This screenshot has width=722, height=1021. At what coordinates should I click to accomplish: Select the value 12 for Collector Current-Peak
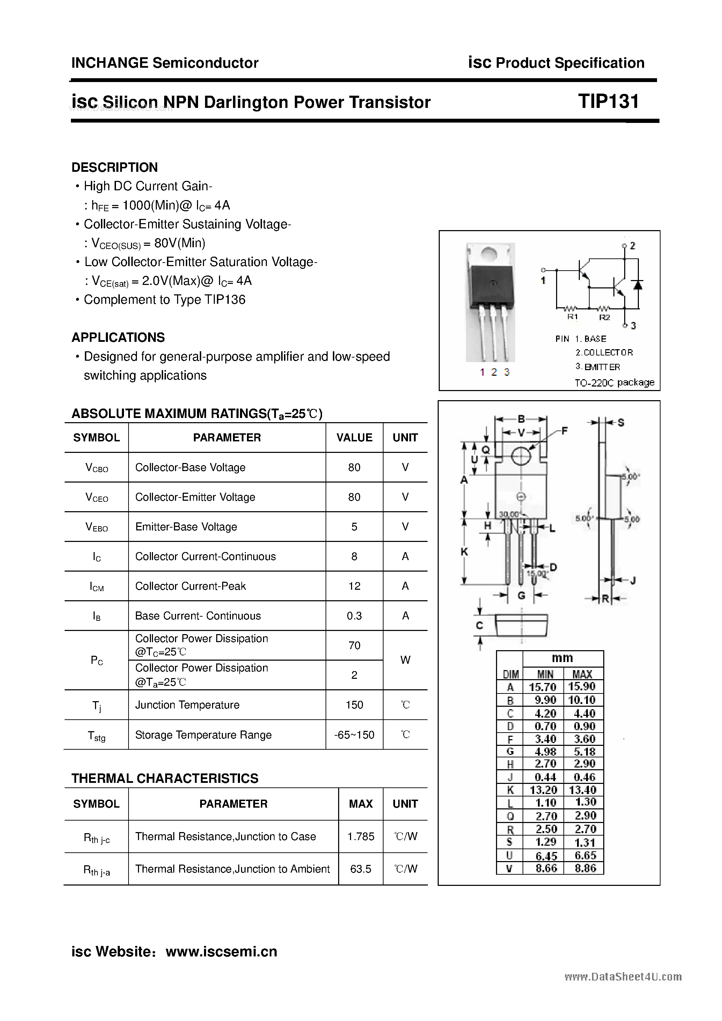(x=354, y=586)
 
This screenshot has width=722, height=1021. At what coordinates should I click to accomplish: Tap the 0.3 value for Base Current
(x=354, y=616)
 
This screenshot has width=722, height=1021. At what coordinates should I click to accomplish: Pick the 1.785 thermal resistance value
(x=360, y=836)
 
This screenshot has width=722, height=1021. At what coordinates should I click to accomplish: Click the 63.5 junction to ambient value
(x=360, y=869)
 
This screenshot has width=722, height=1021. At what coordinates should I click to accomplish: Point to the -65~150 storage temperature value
(x=354, y=735)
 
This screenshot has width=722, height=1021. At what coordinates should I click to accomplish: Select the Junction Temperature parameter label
(x=187, y=705)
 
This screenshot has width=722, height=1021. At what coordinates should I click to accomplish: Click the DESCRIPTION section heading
(x=114, y=167)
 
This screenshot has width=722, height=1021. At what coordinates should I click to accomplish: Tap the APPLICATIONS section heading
(x=118, y=338)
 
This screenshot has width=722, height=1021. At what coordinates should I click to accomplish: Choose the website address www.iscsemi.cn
(x=221, y=951)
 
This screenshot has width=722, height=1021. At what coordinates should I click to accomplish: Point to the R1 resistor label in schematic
(x=572, y=317)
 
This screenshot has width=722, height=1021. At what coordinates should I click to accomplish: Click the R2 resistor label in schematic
(x=604, y=317)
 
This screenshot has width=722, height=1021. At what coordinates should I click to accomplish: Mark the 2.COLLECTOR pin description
(x=604, y=353)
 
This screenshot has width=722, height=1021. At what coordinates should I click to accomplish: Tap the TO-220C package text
(x=614, y=382)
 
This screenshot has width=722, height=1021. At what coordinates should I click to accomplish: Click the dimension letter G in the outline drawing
(x=522, y=595)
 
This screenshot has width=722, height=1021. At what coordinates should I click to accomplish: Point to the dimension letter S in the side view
(x=621, y=423)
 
